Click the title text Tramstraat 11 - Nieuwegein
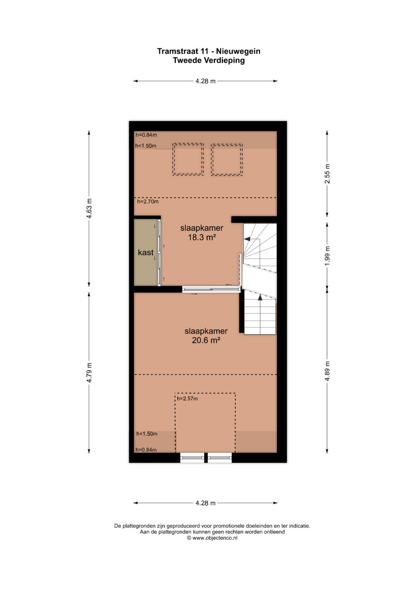[x=209, y=51]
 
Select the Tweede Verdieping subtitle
[x=209, y=61]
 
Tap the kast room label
[x=146, y=252]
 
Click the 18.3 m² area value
[x=202, y=238]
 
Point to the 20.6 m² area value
[x=206, y=340]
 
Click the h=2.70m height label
[x=148, y=202]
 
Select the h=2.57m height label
[x=187, y=398]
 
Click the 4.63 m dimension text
[x=89, y=208]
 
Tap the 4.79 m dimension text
[x=89, y=372]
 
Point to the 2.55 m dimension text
[x=327, y=174]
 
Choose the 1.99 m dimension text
[x=327, y=256]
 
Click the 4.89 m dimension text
[x=327, y=371]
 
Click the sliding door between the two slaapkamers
[x=211, y=289]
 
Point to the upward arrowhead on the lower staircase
[x=260, y=297]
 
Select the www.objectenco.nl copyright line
[x=212, y=538]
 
